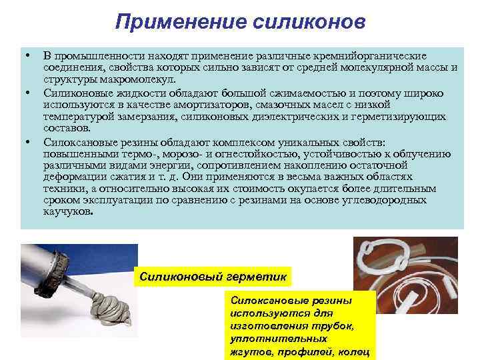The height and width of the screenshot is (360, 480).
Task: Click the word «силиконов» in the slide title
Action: pos(311,22)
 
